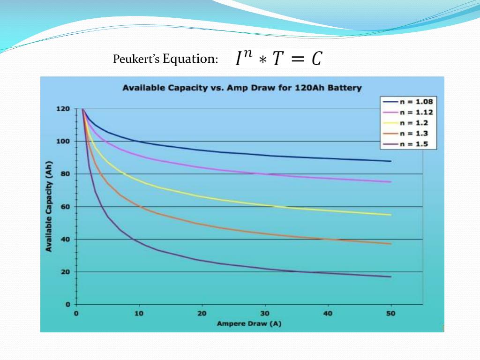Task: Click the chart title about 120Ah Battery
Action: [x=242, y=88]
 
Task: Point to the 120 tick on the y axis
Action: [x=65, y=109]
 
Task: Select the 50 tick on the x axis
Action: [x=391, y=313]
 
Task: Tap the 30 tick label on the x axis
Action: [x=265, y=313]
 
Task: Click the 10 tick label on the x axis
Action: [x=139, y=313]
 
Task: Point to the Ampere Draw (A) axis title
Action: [x=249, y=323]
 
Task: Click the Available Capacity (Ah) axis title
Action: [x=49, y=207]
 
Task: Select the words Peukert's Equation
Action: [x=165, y=59]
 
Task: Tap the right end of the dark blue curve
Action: [x=390, y=161]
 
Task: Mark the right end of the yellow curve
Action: [x=390, y=215]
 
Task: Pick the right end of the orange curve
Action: [x=390, y=244]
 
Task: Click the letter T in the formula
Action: [x=278, y=59]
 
